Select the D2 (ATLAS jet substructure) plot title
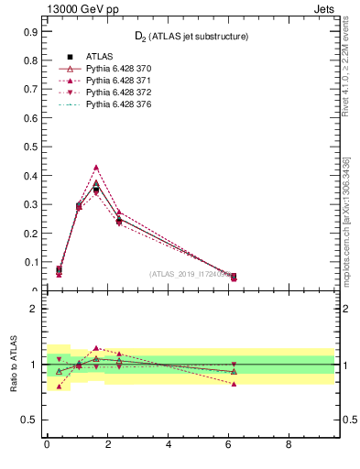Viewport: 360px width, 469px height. (192, 36)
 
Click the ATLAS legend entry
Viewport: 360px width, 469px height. (100, 58)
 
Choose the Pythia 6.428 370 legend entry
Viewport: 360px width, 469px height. (118, 70)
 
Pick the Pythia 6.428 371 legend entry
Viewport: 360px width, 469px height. (118, 82)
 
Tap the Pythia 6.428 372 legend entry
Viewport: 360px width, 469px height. (118, 93)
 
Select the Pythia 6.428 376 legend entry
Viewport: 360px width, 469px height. (118, 105)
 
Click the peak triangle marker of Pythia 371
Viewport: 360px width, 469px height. (96, 168)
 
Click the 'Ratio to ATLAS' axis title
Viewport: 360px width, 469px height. (14, 365)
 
